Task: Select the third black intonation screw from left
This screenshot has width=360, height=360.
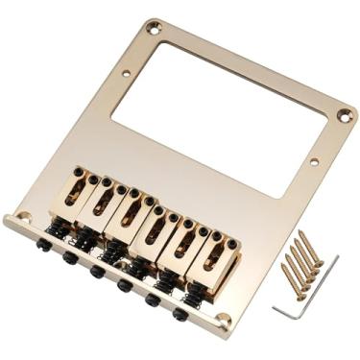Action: (x=97, y=271)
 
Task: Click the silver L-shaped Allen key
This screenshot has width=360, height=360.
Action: (x=305, y=293)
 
